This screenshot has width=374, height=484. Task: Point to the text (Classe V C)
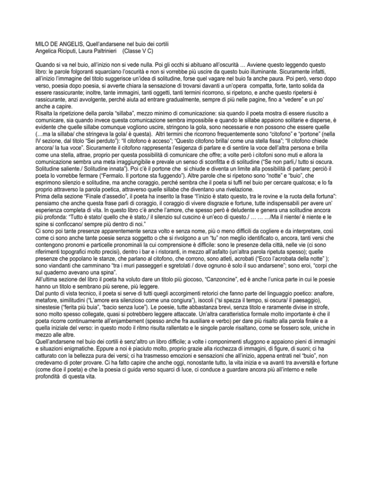[x=143, y=50]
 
